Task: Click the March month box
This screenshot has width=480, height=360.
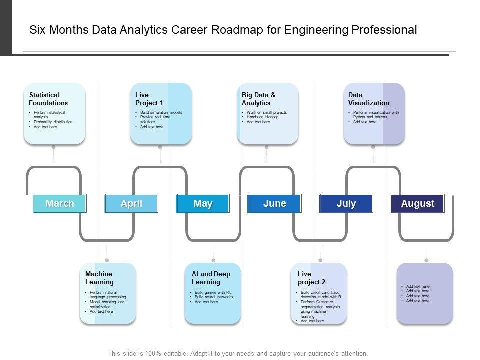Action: pyautogui.click(x=60, y=203)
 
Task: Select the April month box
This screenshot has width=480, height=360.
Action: pyautogui.click(x=131, y=203)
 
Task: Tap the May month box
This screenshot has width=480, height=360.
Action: pyautogui.click(x=203, y=203)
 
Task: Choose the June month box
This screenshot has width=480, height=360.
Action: pyautogui.click(x=274, y=203)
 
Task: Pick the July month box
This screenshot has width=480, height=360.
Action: pyautogui.click(x=346, y=203)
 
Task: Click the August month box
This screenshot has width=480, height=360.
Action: pyautogui.click(x=417, y=203)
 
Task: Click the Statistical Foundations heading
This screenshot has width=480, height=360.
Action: pyautogui.click(x=48, y=99)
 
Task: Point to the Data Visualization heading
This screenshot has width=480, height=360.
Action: pyautogui.click(x=368, y=99)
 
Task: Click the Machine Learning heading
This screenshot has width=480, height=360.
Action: pyautogui.click(x=99, y=278)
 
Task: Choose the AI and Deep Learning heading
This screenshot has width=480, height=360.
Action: pyautogui.click(x=211, y=278)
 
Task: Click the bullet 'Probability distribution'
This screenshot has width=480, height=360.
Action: pyautogui.click(x=53, y=122)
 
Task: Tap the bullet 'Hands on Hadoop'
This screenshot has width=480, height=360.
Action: pyautogui.click(x=262, y=117)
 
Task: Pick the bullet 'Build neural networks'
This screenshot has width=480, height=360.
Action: pyautogui.click(x=213, y=297)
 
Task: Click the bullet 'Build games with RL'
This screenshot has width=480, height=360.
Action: pyautogui.click(x=212, y=292)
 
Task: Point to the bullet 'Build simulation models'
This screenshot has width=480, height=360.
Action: pyautogui.click(x=161, y=112)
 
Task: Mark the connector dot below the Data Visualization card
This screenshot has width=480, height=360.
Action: pyautogui.click(x=373, y=147)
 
